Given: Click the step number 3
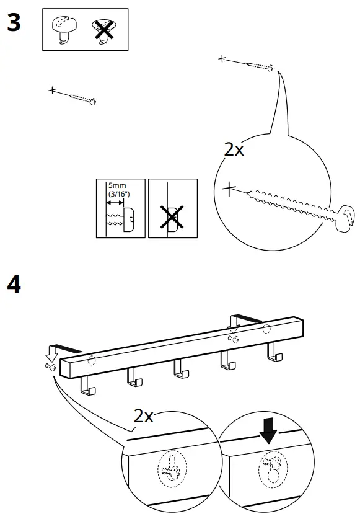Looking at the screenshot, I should (14, 24).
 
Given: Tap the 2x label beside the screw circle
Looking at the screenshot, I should (235, 149).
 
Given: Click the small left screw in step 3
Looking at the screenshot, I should (81, 97).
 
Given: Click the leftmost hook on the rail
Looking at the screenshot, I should (87, 387).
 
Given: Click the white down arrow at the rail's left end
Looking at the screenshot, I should (52, 353).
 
